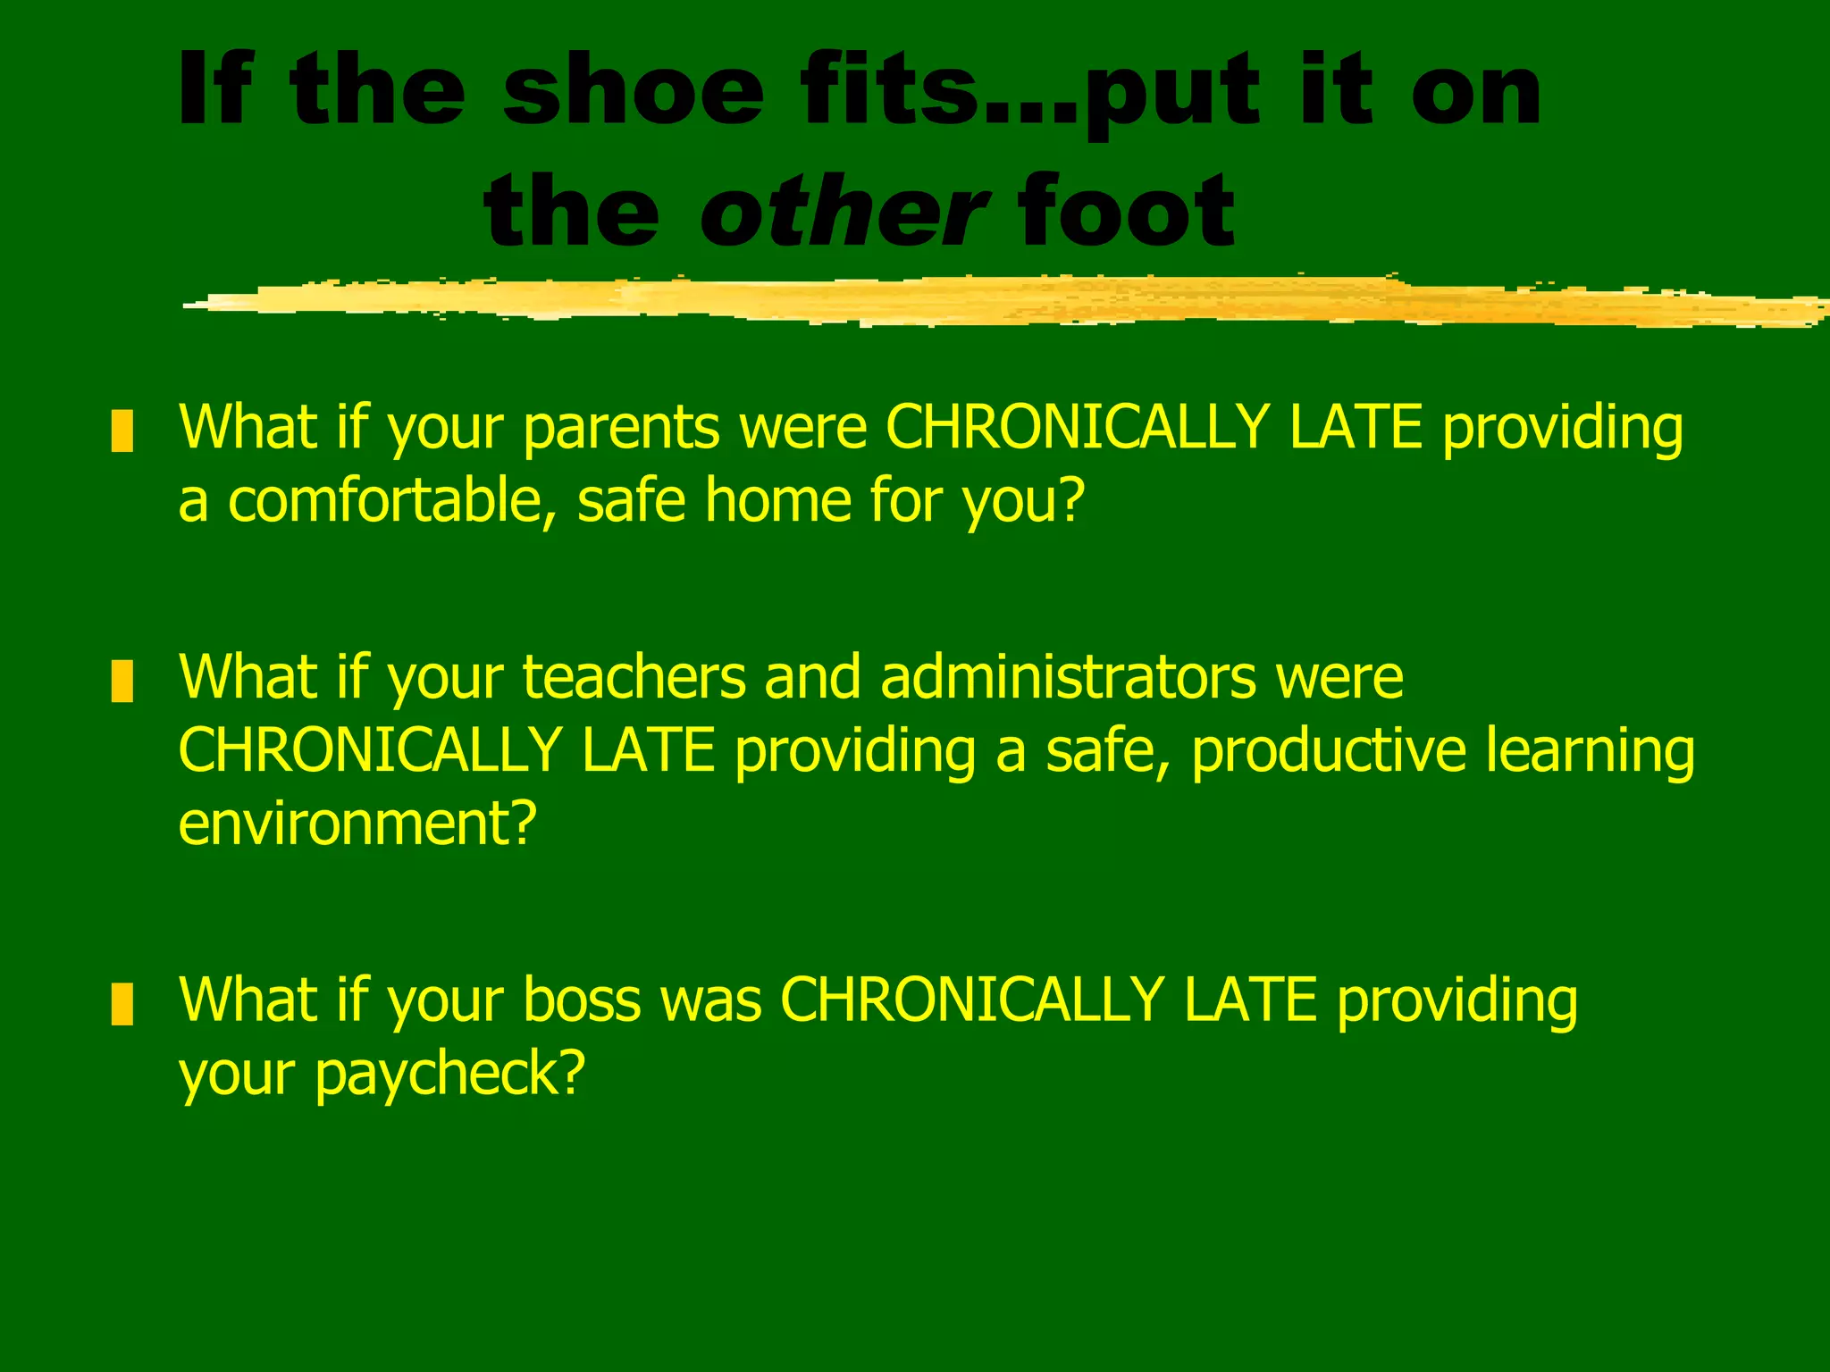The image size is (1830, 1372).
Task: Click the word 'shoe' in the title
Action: click(x=633, y=91)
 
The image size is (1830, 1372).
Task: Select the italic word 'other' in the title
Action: click(x=844, y=211)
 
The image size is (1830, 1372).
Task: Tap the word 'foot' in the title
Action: click(x=1126, y=211)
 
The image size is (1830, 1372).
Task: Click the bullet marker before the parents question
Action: click(x=122, y=431)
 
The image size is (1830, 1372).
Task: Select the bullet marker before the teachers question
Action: click(x=122, y=681)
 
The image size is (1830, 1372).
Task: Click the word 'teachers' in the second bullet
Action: click(x=634, y=677)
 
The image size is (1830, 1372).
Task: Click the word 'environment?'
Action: click(x=357, y=824)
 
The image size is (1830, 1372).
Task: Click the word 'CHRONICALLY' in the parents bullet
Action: click(x=1076, y=427)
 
